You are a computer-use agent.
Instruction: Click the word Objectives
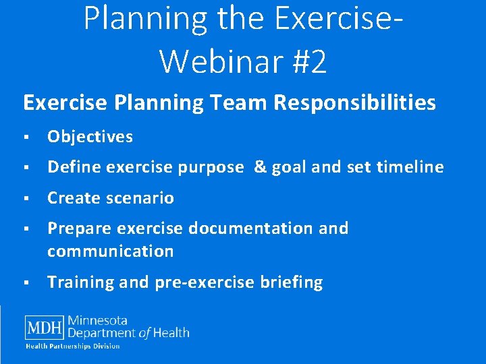point(90,137)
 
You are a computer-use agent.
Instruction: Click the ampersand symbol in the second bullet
point(260,167)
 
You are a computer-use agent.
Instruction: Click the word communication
point(110,251)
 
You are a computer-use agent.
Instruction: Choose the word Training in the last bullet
point(81,282)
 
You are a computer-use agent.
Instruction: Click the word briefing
point(291,282)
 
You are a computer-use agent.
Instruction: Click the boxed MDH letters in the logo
point(44,328)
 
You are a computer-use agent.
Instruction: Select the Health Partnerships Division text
point(73,346)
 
